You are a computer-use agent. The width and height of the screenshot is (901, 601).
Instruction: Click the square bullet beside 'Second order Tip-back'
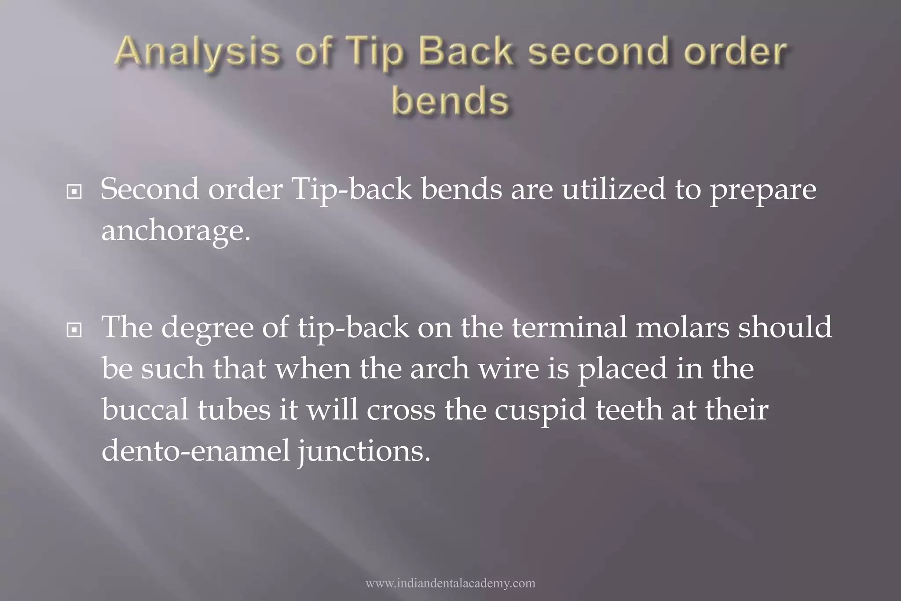point(74,191)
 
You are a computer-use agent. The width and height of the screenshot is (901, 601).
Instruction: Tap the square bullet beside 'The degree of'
point(74,330)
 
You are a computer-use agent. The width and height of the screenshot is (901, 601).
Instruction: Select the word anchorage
point(176,231)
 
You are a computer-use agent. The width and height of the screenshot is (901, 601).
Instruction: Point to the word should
point(785,327)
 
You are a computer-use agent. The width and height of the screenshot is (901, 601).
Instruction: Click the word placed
point(622,369)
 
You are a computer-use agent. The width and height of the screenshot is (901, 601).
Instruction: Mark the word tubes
point(234,410)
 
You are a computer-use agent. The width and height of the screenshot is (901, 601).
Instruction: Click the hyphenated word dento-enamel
point(196,451)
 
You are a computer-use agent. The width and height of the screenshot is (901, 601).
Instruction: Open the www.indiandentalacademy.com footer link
point(450,583)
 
